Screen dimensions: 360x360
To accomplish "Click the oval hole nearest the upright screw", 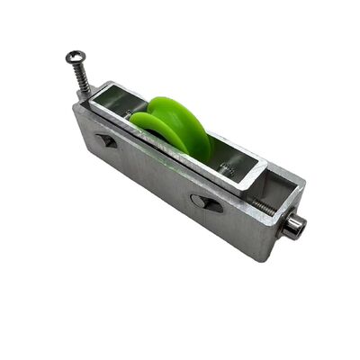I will (105, 140).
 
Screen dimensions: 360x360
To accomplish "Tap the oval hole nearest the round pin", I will (206, 204).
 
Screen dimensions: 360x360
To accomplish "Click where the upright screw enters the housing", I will (87, 96).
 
